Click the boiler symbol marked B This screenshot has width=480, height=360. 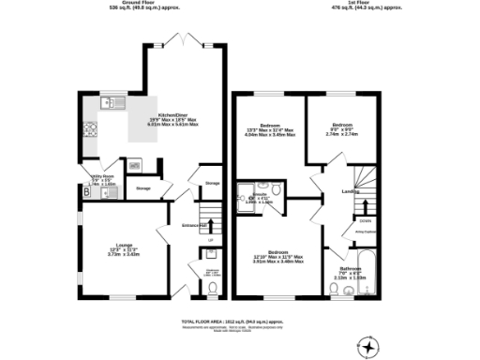[86, 191]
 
